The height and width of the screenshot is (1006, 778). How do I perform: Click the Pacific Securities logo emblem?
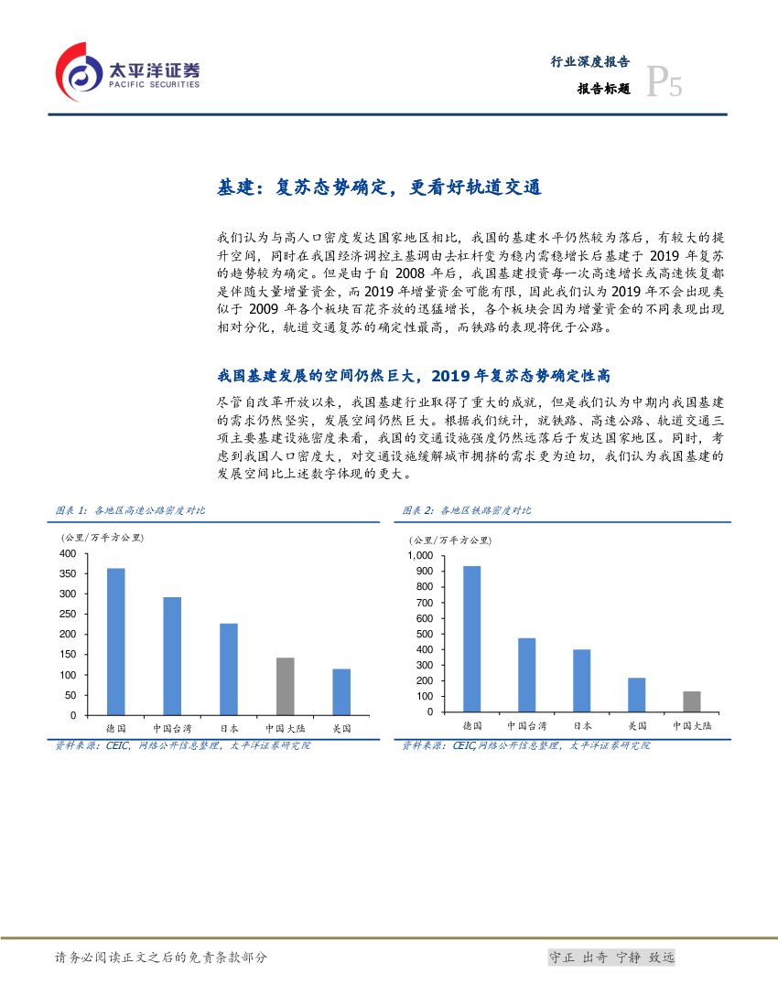click(78, 72)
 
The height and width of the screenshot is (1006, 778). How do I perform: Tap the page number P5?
click(664, 85)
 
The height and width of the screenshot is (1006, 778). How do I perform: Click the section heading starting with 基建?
click(379, 187)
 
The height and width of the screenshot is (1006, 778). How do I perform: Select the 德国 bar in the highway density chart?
click(116, 641)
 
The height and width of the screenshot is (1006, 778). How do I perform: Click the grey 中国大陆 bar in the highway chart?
click(286, 686)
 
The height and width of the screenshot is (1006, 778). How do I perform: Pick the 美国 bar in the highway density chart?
click(341, 691)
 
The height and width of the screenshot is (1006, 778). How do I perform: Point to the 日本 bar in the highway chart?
click(229, 669)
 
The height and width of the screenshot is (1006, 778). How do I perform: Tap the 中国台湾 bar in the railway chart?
click(526, 674)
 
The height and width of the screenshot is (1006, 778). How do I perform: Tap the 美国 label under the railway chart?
click(637, 725)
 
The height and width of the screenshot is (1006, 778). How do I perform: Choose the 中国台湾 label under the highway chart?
click(172, 729)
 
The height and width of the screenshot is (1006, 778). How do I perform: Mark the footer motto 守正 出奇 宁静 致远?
click(611, 958)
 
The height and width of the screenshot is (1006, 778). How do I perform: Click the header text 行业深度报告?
click(589, 62)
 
